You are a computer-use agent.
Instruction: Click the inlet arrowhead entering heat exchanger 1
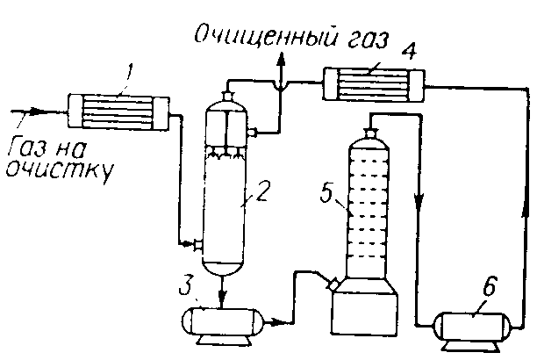coord(34,112)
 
